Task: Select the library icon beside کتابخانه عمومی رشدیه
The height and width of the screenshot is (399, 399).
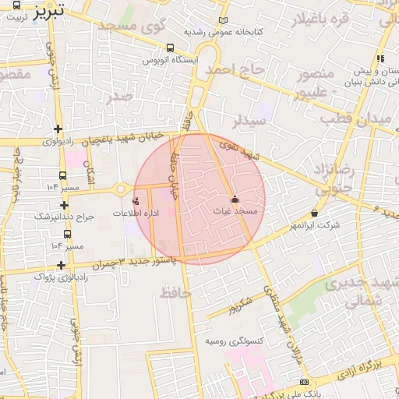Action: point(224,21)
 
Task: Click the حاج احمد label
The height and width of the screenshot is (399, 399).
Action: point(237,71)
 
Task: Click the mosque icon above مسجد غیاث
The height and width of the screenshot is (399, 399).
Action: point(235,198)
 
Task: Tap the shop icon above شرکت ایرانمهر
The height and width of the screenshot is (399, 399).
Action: point(314,213)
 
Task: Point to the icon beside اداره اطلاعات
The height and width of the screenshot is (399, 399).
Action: point(136,201)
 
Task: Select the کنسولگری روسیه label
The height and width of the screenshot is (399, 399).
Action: point(235,341)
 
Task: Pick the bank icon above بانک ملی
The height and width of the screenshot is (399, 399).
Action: point(304,382)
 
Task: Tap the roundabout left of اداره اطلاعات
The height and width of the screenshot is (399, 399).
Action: point(120,189)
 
